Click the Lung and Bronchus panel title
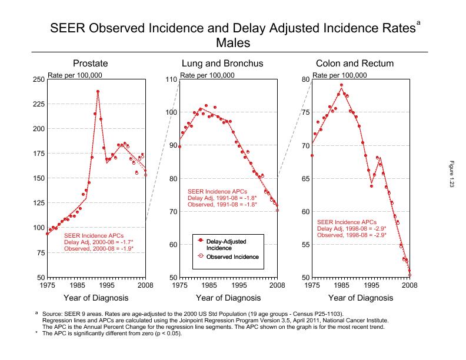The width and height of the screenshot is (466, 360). [222, 64]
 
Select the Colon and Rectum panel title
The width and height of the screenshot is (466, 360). [354, 64]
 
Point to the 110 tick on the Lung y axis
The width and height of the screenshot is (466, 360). [170, 79]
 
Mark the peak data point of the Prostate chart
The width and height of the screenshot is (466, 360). [98, 91]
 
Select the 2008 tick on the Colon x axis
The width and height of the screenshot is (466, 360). [410, 285]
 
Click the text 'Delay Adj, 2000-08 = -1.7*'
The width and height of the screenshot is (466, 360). [99, 242]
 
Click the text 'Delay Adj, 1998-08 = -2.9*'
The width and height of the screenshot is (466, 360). [351, 228]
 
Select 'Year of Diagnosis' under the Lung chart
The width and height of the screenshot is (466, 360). [228, 298]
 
